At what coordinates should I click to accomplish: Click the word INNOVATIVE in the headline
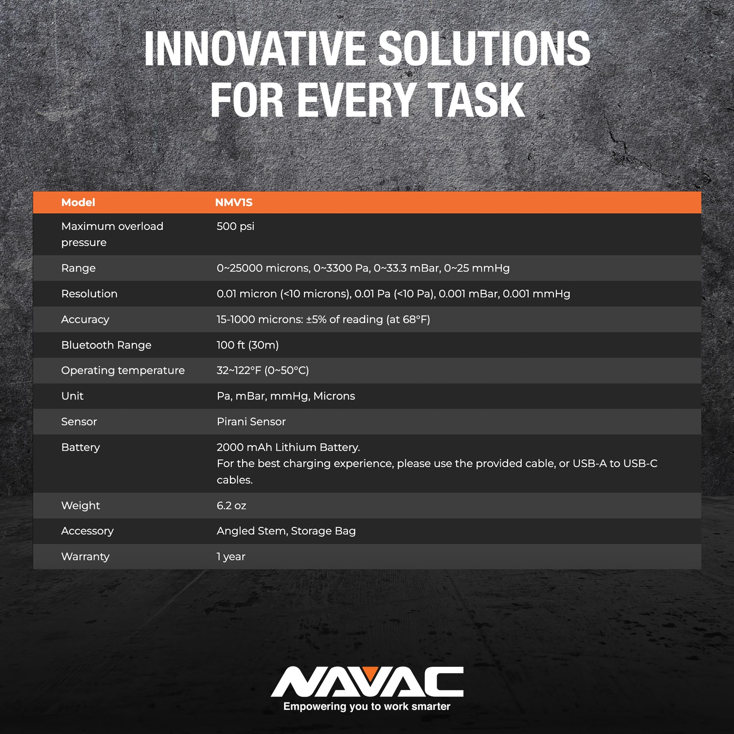(x=255, y=49)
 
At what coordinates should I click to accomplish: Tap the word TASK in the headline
(x=476, y=100)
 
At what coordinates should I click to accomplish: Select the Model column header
(x=78, y=203)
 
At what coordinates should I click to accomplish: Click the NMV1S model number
(x=234, y=203)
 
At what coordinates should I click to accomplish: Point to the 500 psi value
(x=235, y=226)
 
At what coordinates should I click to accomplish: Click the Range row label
(x=78, y=268)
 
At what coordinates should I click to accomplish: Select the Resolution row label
(x=89, y=294)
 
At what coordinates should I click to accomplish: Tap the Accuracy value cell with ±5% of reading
(x=323, y=320)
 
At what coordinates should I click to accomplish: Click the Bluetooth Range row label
(x=106, y=345)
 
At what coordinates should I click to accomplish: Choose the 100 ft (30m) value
(x=248, y=345)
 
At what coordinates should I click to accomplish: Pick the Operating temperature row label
(x=123, y=370)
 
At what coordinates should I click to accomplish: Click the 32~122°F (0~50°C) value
(x=263, y=370)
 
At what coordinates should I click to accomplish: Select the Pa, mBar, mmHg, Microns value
(x=286, y=396)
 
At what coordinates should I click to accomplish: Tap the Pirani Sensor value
(x=251, y=422)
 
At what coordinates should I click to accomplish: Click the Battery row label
(x=80, y=447)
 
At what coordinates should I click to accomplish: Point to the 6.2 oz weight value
(x=231, y=506)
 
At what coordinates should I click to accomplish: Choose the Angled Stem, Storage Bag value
(x=286, y=531)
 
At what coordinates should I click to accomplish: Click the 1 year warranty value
(x=231, y=557)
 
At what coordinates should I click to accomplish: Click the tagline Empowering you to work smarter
(x=367, y=706)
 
